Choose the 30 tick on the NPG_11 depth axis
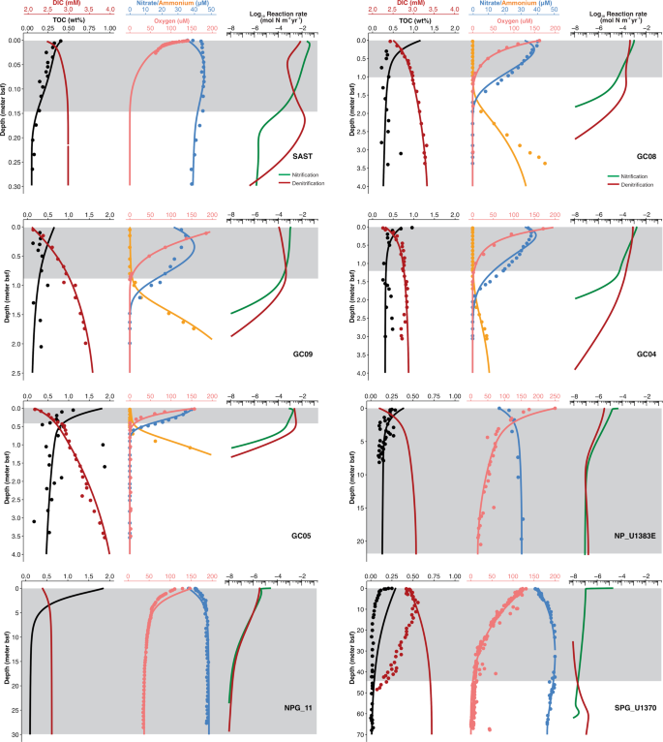point(17,734)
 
